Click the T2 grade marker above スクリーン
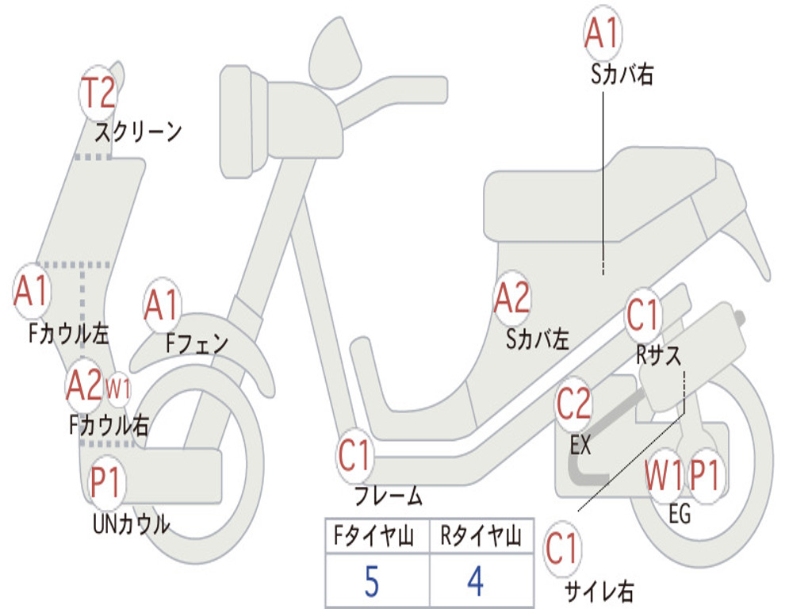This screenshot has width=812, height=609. pyautogui.click(x=99, y=94)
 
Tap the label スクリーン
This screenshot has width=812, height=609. pyautogui.click(x=139, y=131)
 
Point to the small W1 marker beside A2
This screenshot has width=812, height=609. pyautogui.click(x=118, y=389)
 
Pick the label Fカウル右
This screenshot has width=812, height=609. pyautogui.click(x=109, y=426)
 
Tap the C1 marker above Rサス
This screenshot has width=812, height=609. pyautogui.click(x=643, y=316)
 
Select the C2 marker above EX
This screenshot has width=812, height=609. pyautogui.click(x=573, y=405)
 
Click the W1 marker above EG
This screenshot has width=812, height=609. pyautogui.click(x=664, y=477)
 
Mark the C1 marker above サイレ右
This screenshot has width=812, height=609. pyautogui.click(x=562, y=550)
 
